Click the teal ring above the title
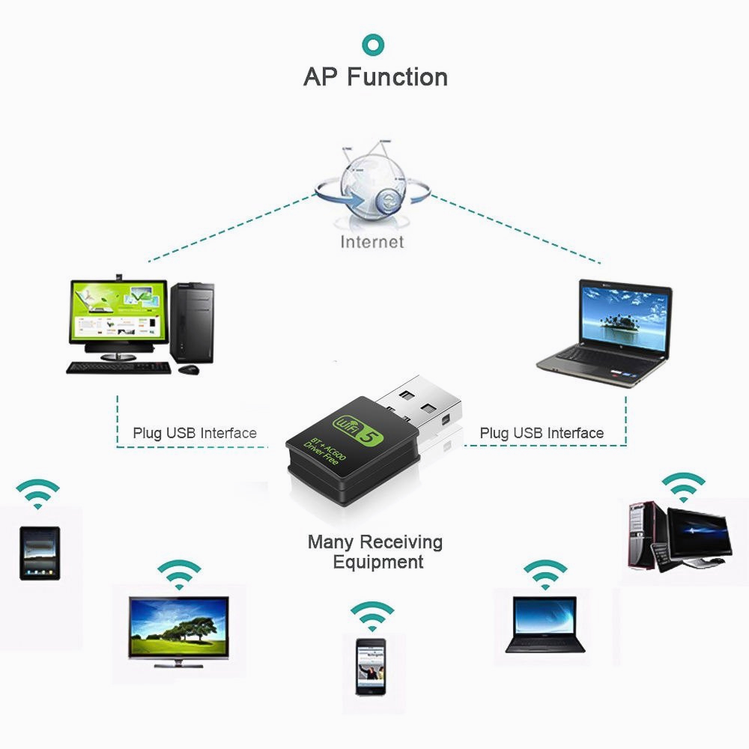pyautogui.click(x=374, y=45)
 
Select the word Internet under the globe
pyautogui.click(x=372, y=241)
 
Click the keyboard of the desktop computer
pyautogui.click(x=120, y=367)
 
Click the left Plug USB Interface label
pyautogui.click(x=195, y=433)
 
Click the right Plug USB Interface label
pyautogui.click(x=542, y=433)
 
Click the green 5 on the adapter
pyautogui.click(x=368, y=434)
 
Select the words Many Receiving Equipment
pyautogui.click(x=375, y=551)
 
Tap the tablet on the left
pyautogui.click(x=40, y=553)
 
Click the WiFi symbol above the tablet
pyautogui.click(x=37, y=494)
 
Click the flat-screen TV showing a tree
pyautogui.click(x=178, y=628)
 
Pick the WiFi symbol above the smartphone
pyautogui.click(x=372, y=616)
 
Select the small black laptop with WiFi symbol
pyautogui.click(x=546, y=624)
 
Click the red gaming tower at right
pyautogui.click(x=639, y=533)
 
